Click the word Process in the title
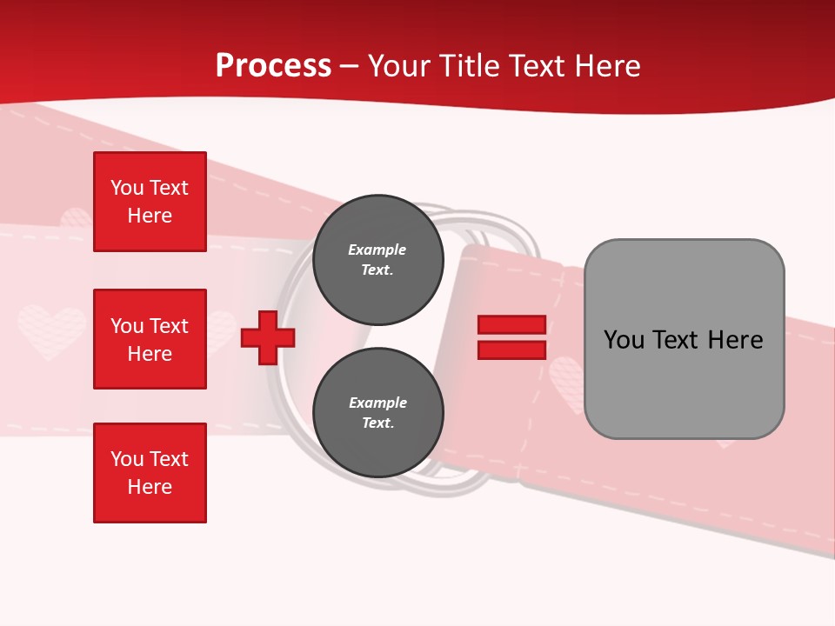[273, 66]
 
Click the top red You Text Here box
[150, 202]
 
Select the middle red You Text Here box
[150, 339]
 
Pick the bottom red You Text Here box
[150, 473]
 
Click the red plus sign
[268, 338]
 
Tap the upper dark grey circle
[377, 259]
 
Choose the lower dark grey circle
[377, 412]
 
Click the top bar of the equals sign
[511, 325]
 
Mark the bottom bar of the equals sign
[511, 350]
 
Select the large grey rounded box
[684, 339]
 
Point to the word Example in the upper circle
[377, 250]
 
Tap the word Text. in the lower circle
[377, 423]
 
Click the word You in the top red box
[127, 188]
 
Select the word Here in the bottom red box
[150, 487]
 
